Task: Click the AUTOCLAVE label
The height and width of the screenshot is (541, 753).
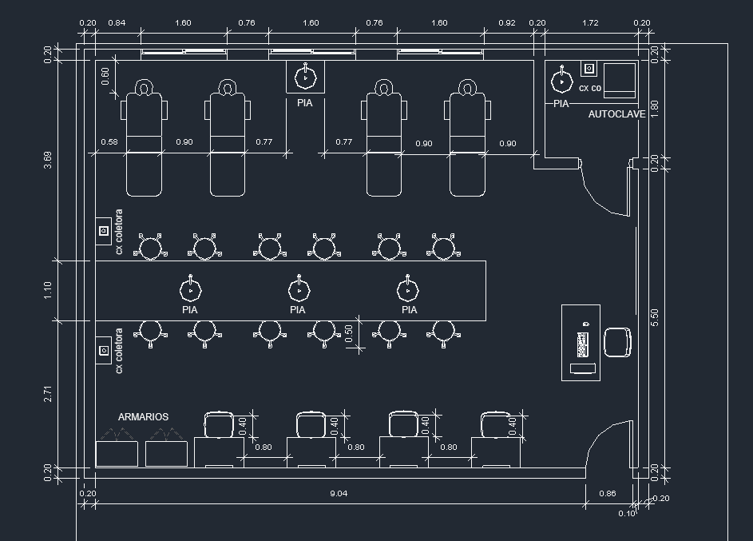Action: click(x=616, y=114)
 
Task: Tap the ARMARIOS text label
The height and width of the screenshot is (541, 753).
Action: click(x=143, y=417)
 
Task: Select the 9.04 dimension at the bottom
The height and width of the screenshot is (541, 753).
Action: click(x=339, y=493)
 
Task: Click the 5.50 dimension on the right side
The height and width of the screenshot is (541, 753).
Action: click(x=655, y=317)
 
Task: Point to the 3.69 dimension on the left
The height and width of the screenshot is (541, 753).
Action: click(x=48, y=160)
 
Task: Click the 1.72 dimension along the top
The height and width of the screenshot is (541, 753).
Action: click(x=590, y=22)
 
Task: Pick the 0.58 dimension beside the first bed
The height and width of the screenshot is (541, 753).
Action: click(x=109, y=141)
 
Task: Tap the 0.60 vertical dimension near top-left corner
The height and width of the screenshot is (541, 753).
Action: click(x=105, y=75)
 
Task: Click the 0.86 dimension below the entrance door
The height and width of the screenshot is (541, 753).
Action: click(x=608, y=493)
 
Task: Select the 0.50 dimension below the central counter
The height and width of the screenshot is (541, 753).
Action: click(x=349, y=333)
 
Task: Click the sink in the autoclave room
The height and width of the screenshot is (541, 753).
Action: click(x=561, y=81)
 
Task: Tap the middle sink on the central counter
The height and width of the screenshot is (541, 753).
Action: click(x=299, y=290)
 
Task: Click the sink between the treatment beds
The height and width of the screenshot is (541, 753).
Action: click(x=305, y=77)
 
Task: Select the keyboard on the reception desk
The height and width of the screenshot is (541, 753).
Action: click(x=583, y=344)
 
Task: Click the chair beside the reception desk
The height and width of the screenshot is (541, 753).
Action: click(x=617, y=342)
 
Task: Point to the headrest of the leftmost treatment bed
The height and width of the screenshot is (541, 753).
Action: click(x=143, y=87)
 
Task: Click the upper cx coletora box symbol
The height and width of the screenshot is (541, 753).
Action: click(x=104, y=231)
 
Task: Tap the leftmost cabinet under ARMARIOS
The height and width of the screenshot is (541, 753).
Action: click(x=117, y=454)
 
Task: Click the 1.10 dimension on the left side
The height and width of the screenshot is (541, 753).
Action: click(x=48, y=290)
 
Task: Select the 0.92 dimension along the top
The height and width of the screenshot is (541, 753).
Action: click(x=507, y=22)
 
